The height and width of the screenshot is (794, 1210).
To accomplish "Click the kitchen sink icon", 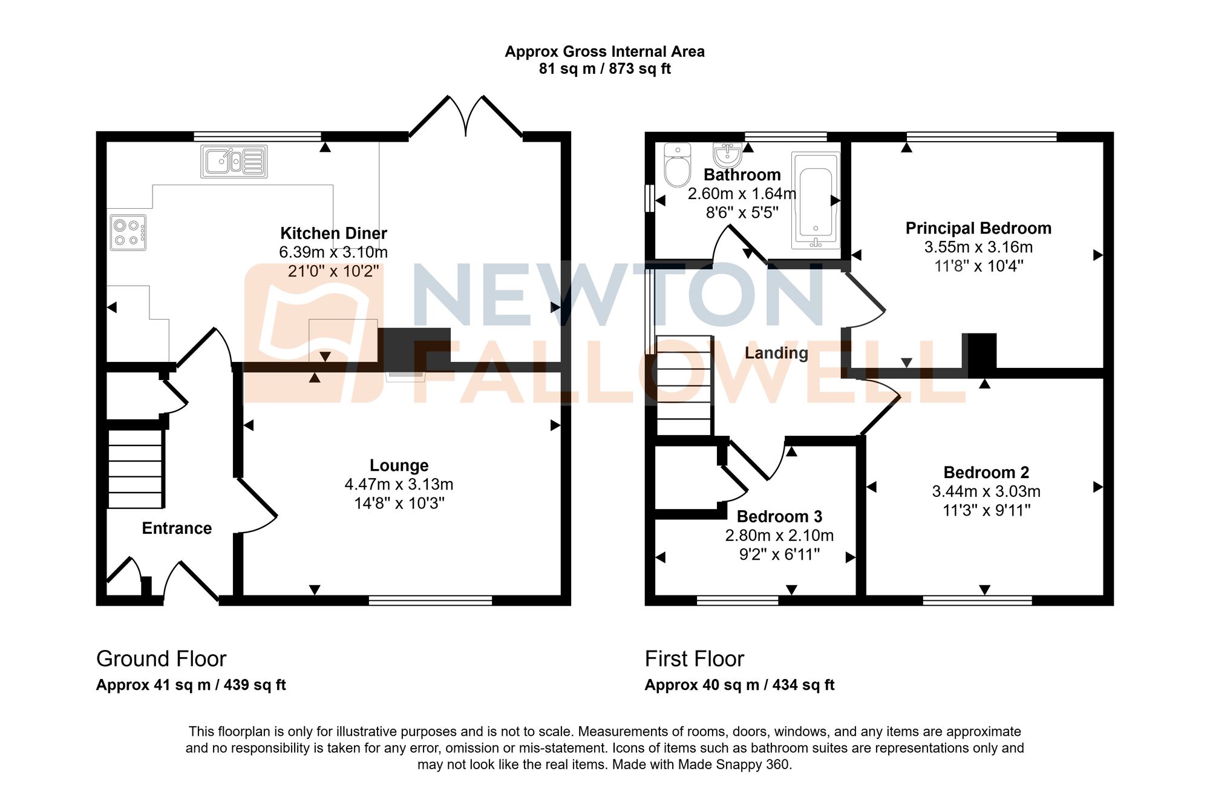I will (234, 162).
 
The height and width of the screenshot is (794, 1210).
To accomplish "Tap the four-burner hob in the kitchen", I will (128, 233).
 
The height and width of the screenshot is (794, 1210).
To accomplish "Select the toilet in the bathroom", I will (677, 166).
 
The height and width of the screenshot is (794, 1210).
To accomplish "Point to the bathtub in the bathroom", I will (816, 201).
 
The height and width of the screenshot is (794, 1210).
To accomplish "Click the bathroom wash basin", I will (727, 155).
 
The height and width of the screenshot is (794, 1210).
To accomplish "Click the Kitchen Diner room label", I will (333, 234).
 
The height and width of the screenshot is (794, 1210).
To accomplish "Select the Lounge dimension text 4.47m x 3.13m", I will (399, 484).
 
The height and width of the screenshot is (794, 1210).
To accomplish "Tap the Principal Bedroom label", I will (978, 228).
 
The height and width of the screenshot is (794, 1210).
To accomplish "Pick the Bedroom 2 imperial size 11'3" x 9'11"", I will (986, 510).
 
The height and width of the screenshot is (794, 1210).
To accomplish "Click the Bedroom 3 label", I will (779, 516).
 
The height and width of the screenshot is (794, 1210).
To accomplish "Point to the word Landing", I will (776, 353).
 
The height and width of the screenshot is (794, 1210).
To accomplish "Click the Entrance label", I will (177, 528).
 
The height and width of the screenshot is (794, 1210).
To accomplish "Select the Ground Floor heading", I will (161, 658).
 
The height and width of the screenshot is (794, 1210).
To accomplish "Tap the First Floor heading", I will (694, 658).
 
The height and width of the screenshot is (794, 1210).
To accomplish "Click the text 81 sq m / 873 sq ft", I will (604, 69).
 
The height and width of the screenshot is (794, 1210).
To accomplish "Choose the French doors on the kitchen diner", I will (466, 118).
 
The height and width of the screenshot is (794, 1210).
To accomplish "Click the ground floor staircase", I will (135, 469).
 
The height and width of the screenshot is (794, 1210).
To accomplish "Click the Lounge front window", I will (430, 600).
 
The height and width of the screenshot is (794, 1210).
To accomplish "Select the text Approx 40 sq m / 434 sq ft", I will (739, 685).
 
